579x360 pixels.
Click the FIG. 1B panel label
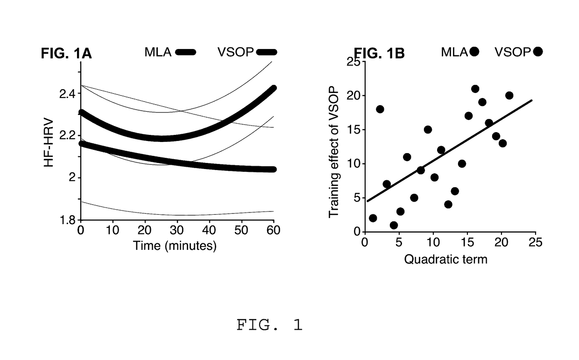pyautogui.click(x=379, y=54)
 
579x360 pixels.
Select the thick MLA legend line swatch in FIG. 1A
pyautogui.click(x=186, y=52)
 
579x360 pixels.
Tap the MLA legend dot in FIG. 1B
pyautogui.click(x=474, y=52)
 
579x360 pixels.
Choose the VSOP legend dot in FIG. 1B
pyautogui.click(x=537, y=52)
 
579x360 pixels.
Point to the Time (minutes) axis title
pyautogui.click(x=175, y=246)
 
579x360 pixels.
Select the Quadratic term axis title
pyautogui.click(x=445, y=259)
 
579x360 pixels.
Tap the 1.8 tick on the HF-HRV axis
pyautogui.click(x=68, y=220)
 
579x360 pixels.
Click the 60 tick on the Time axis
pyautogui.click(x=273, y=231)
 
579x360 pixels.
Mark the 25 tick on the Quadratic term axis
pyautogui.click(x=535, y=242)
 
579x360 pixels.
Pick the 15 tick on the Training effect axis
pyautogui.click(x=355, y=130)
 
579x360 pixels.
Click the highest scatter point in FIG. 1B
pyautogui.click(x=475, y=89)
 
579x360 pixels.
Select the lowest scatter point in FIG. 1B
pyautogui.click(x=394, y=225)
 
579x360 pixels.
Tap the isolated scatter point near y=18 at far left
pyautogui.click(x=380, y=109)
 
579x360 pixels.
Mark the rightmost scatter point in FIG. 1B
pyautogui.click(x=509, y=95)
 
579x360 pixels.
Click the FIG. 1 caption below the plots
pyautogui.click(x=269, y=325)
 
